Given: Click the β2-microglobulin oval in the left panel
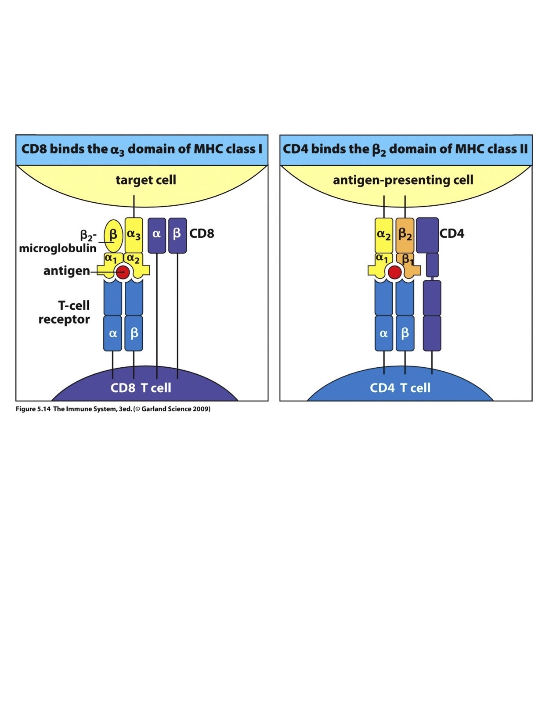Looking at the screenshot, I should tap(113, 236).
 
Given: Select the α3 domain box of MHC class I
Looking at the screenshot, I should tap(134, 235).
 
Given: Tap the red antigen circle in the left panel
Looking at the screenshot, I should tap(123, 272).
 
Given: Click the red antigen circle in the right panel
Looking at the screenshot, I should tap(394, 272).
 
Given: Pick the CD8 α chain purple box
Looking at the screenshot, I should tap(157, 235).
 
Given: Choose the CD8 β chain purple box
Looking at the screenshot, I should tap(177, 235).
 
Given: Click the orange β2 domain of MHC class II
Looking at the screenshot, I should tap(405, 235).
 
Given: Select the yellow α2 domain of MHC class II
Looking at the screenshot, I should tap(384, 235).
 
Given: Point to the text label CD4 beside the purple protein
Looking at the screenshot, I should tap(452, 233).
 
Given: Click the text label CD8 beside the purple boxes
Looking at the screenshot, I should tap(202, 233).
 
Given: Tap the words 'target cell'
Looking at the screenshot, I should tap(146, 180).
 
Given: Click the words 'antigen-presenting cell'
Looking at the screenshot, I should tap(403, 180).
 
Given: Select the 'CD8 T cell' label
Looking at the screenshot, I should tap(141, 388).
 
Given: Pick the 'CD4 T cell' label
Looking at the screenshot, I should tap(400, 388).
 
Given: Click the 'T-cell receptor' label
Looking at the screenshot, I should tap(65, 312).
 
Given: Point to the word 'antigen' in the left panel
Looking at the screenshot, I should tap(66, 271).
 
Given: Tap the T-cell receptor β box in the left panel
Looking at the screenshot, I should tap(134, 333).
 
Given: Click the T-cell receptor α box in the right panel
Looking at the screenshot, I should tap(384, 333).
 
